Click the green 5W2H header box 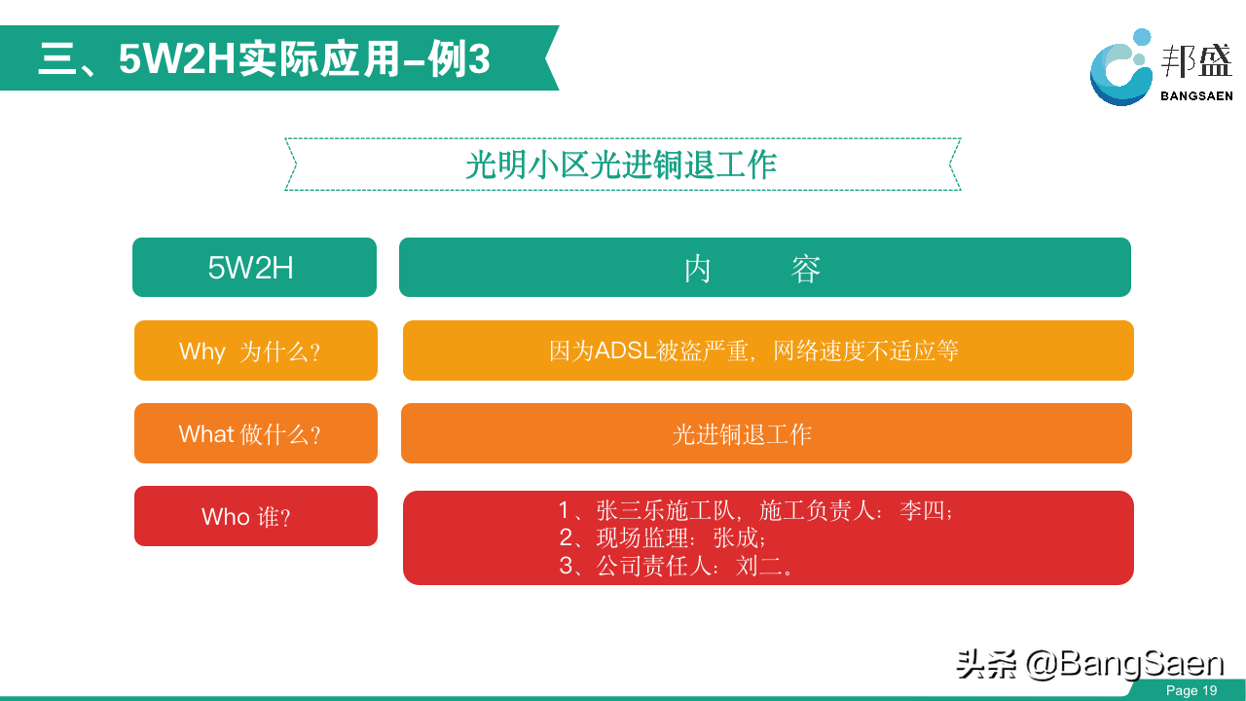tap(254, 267)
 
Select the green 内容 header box tap(765, 267)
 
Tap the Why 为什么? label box tap(256, 350)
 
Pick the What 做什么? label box tap(256, 433)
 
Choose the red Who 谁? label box tap(256, 516)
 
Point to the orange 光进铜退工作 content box tap(766, 433)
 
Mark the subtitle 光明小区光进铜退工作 tap(621, 165)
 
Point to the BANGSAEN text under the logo tap(1196, 96)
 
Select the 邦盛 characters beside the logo tap(1196, 60)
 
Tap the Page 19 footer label tap(1191, 690)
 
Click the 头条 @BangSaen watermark tap(1090, 664)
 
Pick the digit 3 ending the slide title tap(478, 59)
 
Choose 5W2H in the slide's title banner tap(177, 59)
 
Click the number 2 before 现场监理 tap(567, 538)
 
